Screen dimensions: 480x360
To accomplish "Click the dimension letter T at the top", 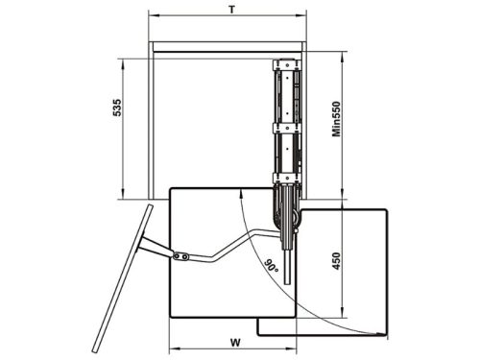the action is click(232, 10).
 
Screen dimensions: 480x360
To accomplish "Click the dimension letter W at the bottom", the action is click(235, 343).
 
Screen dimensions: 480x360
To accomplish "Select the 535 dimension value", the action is click(117, 108).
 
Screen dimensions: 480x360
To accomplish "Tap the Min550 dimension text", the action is click(336, 119).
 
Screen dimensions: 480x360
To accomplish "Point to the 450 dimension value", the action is click(336, 261).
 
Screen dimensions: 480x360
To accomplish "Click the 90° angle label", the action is click(272, 266).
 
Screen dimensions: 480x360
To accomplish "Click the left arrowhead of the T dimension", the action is click(153, 14).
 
